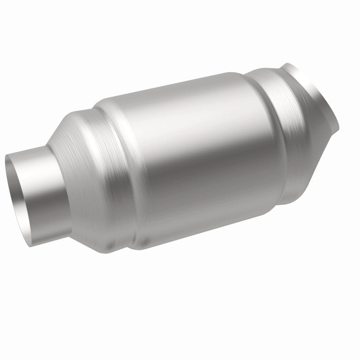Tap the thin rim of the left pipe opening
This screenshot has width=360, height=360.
pyautogui.click(x=6, y=168)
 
